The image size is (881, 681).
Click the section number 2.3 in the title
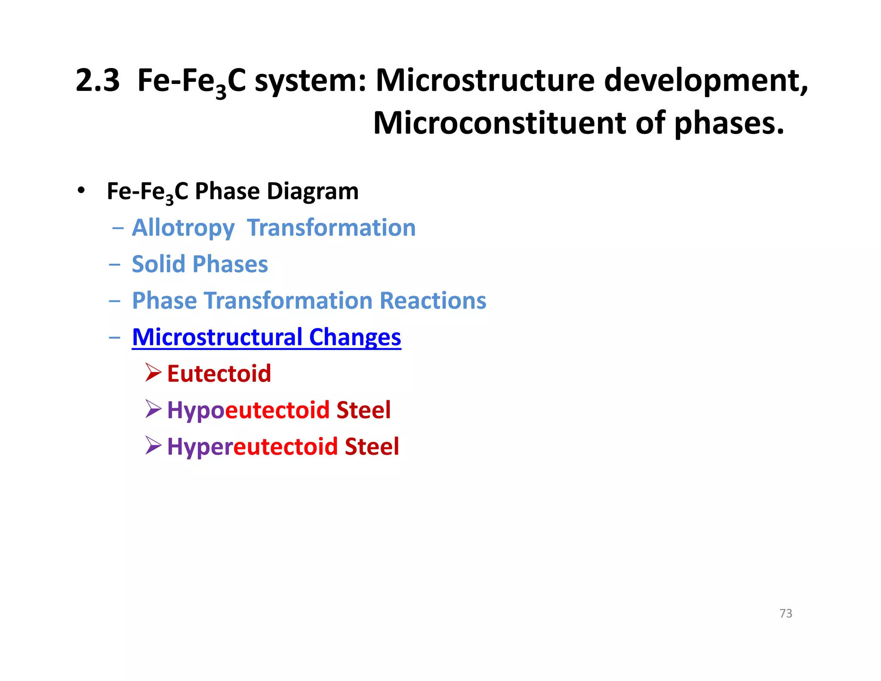(98, 80)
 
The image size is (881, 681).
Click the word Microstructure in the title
(485, 80)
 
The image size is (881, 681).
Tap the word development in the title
(705, 80)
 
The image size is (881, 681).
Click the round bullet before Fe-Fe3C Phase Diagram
(81, 191)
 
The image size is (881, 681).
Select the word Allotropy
(183, 228)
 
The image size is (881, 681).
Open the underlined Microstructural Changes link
(266, 337)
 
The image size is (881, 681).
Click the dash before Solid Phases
(115, 264)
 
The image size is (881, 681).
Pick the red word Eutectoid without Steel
(219, 373)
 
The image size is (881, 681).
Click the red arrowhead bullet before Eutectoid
(153, 372)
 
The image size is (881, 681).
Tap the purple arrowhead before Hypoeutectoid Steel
(153, 409)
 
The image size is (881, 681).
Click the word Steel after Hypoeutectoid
(363, 410)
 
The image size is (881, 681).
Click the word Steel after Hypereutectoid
(372, 446)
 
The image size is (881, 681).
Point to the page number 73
(786, 613)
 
